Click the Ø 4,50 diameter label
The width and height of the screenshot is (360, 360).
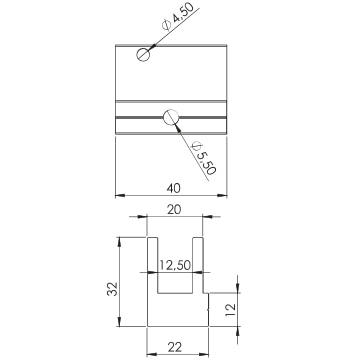(x=177, y=17)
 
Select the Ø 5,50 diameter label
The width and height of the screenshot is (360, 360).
(x=204, y=159)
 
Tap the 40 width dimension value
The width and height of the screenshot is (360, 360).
(x=173, y=188)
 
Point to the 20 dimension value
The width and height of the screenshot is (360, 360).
(x=173, y=210)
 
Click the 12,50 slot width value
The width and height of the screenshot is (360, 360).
(x=175, y=265)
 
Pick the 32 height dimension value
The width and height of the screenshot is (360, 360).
(x=112, y=289)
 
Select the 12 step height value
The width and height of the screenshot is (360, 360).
(x=231, y=310)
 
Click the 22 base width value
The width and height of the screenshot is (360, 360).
(x=175, y=347)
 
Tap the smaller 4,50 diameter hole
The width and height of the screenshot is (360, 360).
(x=143, y=54)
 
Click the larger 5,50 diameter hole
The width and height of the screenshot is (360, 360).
(x=171, y=117)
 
